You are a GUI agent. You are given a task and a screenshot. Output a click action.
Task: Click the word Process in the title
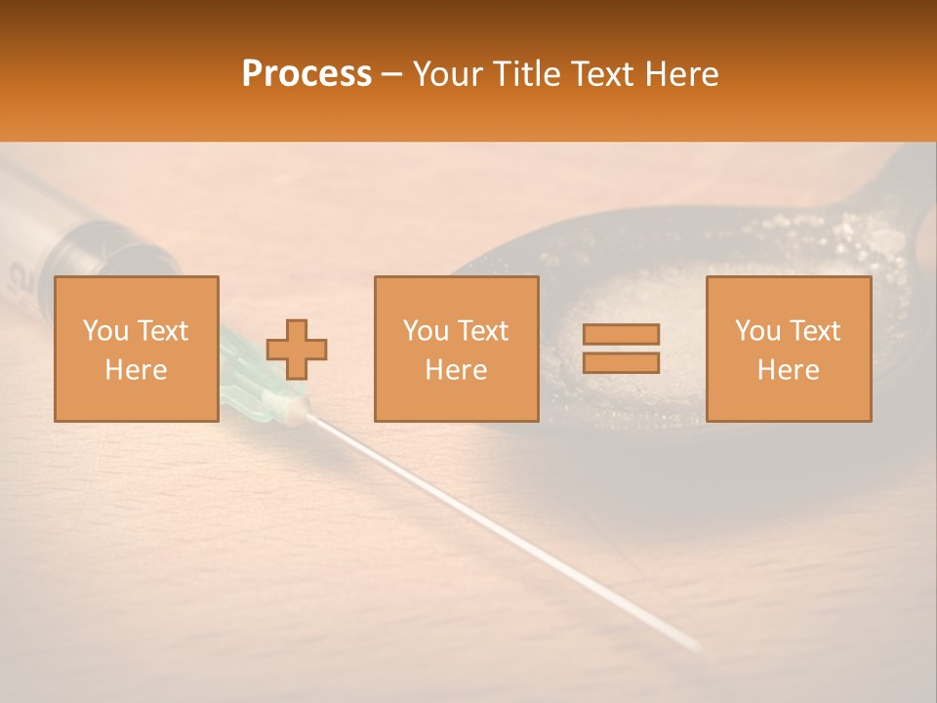[306, 74]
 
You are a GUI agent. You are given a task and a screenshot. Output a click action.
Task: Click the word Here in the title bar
[680, 74]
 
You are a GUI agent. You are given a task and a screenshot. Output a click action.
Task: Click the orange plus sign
[297, 350]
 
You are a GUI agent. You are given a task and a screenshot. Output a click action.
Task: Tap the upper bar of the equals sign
[621, 334]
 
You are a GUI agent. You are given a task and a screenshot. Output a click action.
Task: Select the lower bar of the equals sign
[621, 362]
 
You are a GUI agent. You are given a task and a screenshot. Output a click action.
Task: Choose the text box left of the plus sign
[137, 349]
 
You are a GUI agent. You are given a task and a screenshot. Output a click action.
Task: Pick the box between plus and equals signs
[457, 349]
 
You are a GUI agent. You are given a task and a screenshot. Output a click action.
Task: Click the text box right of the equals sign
[789, 349]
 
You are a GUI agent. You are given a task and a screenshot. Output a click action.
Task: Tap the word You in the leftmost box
[105, 331]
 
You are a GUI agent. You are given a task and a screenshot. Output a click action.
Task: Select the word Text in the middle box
[482, 331]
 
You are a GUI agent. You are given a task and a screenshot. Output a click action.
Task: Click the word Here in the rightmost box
[789, 370]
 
